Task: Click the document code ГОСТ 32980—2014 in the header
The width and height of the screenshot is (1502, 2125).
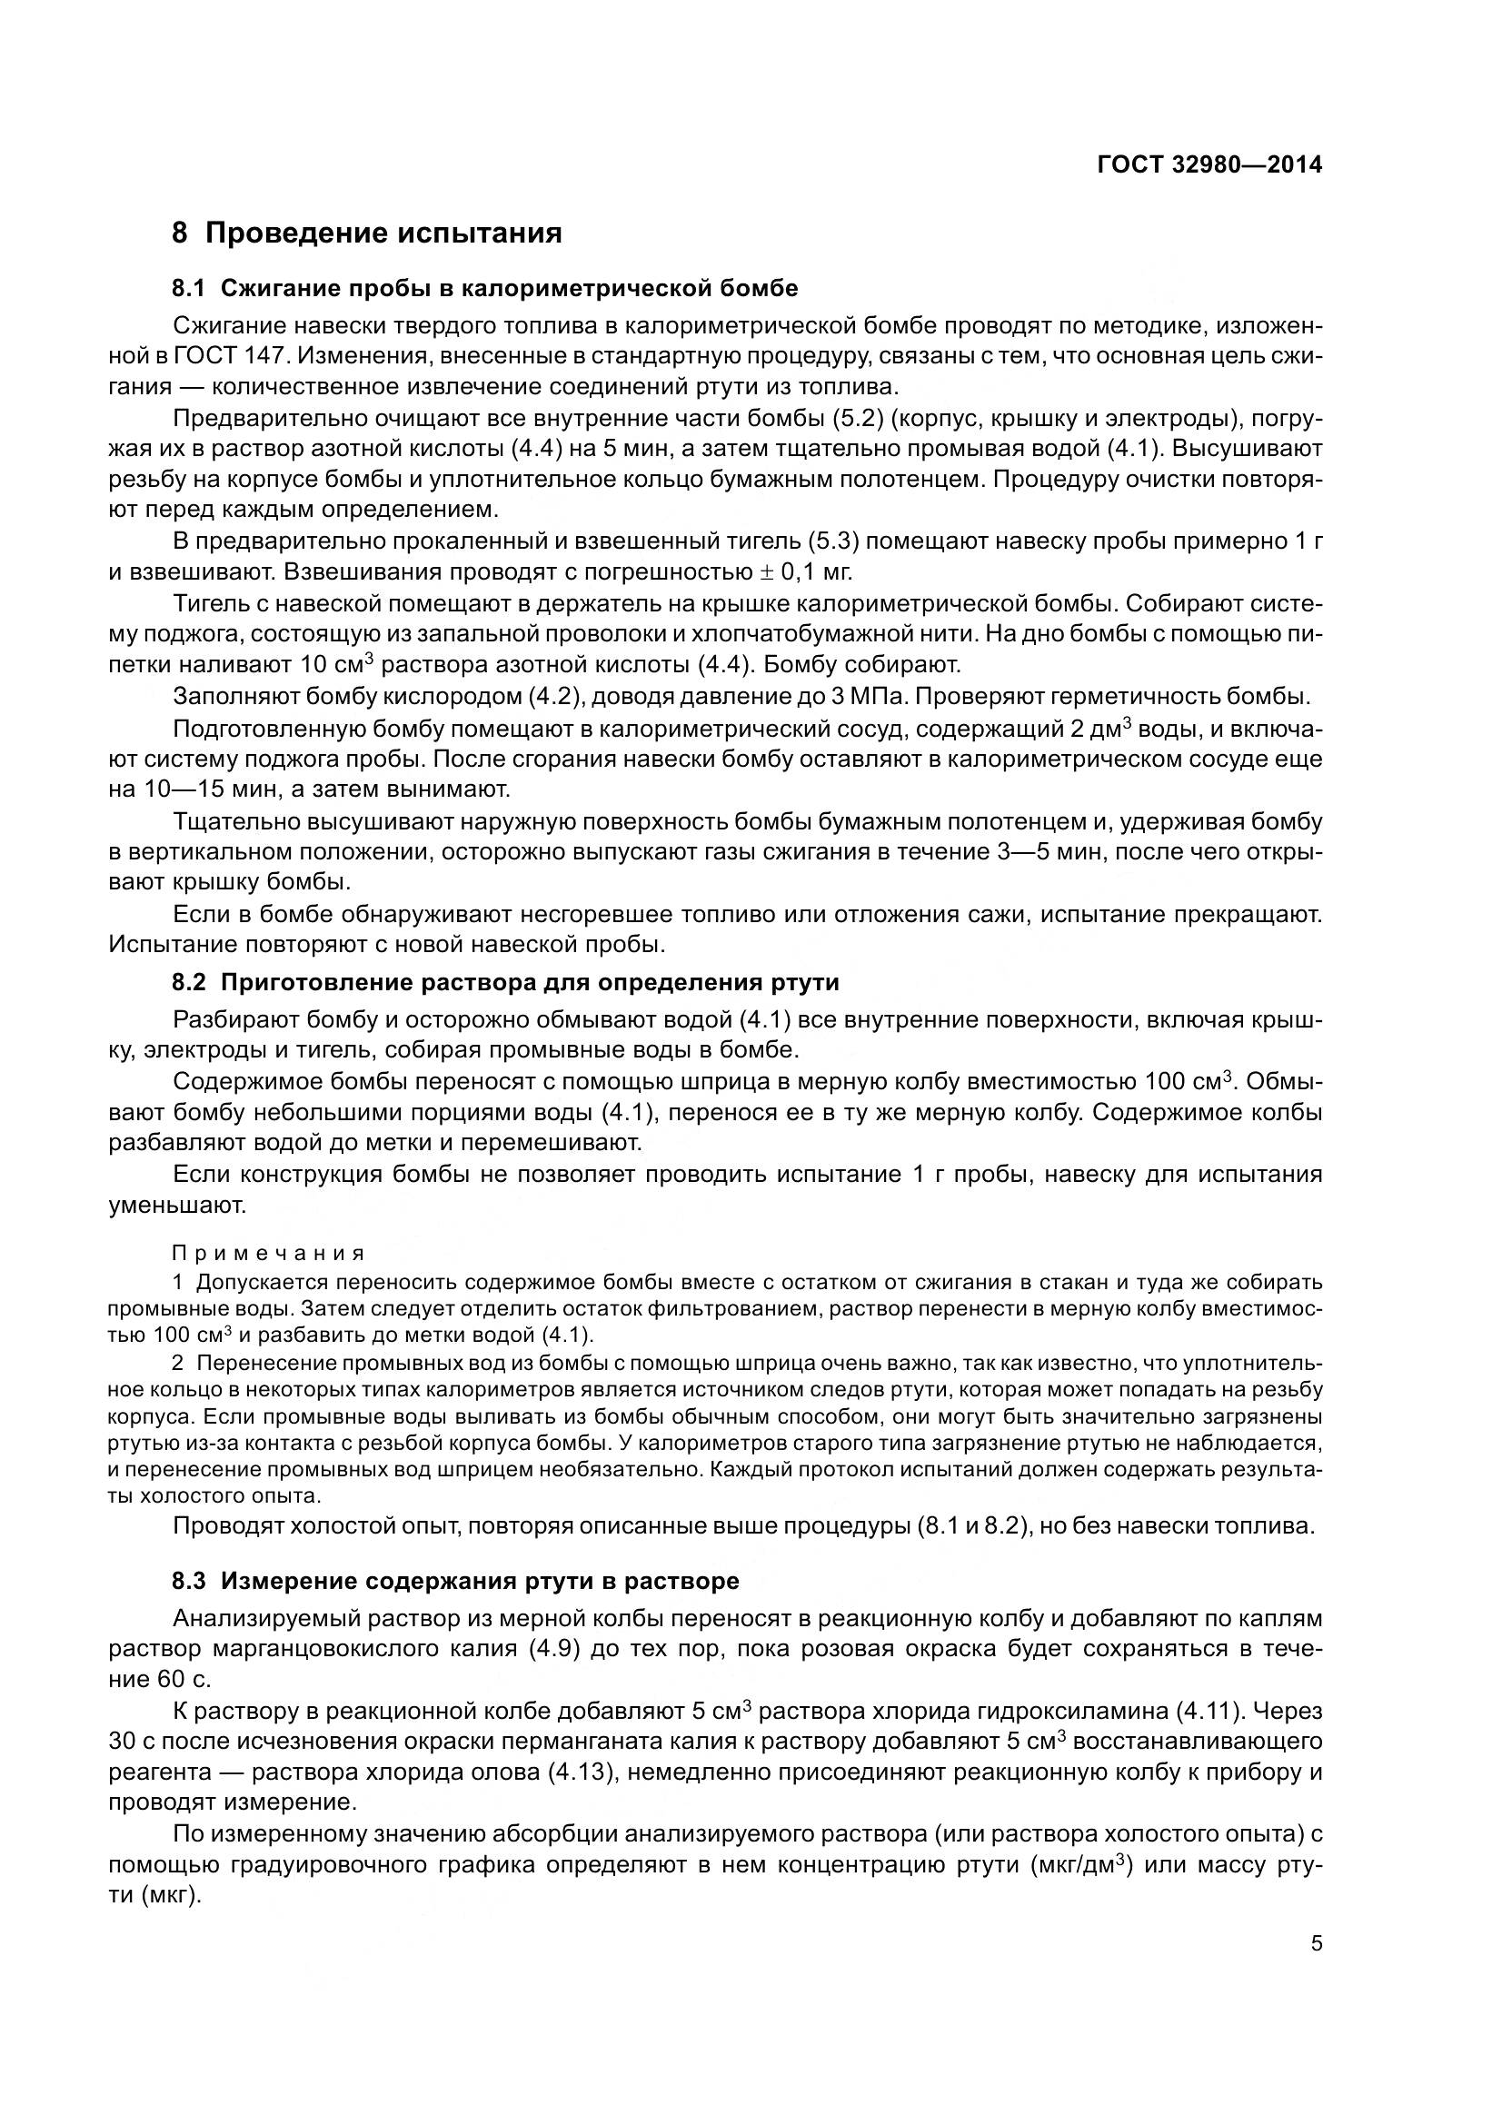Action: (x=1209, y=164)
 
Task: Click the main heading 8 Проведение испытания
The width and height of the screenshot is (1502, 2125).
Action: (x=366, y=233)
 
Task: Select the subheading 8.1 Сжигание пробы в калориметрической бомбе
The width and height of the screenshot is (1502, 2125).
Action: (x=485, y=288)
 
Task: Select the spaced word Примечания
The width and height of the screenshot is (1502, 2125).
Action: (x=269, y=1253)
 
